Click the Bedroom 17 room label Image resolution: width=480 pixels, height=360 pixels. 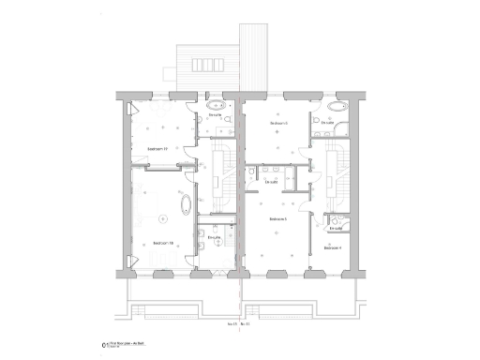click(x=157, y=149)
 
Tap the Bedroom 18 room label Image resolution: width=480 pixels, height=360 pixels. click(x=162, y=243)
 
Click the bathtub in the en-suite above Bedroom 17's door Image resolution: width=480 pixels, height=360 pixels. click(x=217, y=105)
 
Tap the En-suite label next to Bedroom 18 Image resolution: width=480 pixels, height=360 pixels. click(x=214, y=237)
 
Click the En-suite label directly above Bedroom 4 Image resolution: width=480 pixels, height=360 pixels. click(x=337, y=227)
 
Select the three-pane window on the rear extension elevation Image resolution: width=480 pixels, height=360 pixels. click(x=203, y=64)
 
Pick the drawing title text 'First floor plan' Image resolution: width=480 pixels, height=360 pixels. click(x=119, y=344)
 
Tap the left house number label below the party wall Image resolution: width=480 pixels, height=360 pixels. click(x=232, y=324)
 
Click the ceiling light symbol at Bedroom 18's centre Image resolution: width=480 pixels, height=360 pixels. click(x=162, y=217)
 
